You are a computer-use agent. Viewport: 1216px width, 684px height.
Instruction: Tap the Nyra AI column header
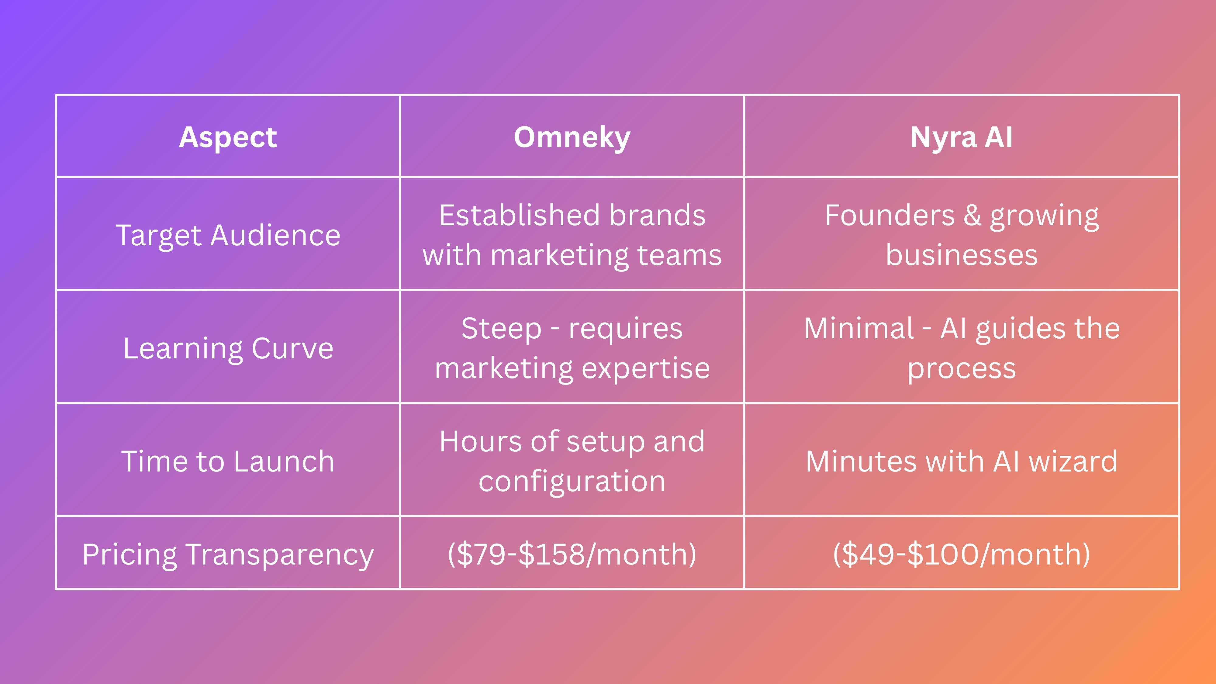click(961, 137)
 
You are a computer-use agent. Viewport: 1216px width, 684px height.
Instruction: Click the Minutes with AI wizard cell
click(961, 461)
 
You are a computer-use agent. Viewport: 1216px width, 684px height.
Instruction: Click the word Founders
click(889, 215)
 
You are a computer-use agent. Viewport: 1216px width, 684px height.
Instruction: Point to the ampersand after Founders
click(972, 215)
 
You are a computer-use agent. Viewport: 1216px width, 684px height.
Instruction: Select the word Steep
click(501, 329)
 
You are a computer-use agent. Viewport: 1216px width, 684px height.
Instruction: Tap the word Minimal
click(859, 329)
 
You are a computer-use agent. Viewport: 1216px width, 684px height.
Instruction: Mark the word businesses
click(961, 255)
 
